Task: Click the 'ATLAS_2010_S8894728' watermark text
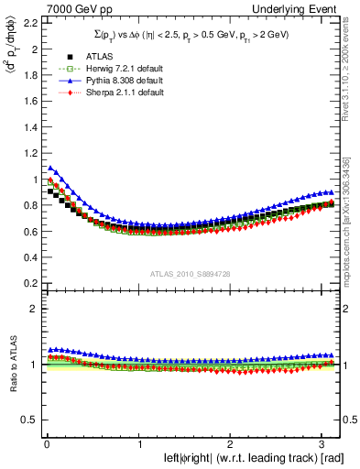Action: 183,274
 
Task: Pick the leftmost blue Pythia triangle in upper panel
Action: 51,168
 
